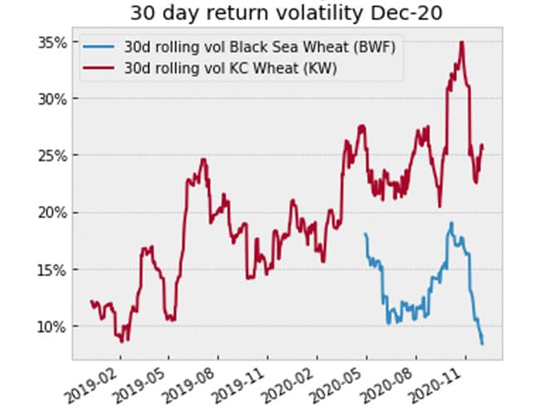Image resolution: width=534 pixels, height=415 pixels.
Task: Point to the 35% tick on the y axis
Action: point(51,41)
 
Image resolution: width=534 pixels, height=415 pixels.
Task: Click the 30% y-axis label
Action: point(51,99)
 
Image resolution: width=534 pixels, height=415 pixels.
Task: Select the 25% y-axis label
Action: point(51,155)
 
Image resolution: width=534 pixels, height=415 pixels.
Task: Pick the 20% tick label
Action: point(51,212)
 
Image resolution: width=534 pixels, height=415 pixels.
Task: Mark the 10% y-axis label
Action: point(51,326)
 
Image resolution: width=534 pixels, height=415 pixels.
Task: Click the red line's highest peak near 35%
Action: point(461,41)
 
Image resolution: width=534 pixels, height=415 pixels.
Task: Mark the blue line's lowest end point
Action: point(482,344)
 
